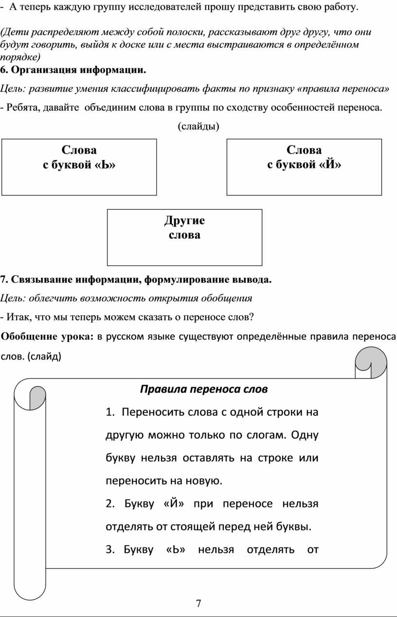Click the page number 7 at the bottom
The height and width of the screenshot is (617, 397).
tap(198, 604)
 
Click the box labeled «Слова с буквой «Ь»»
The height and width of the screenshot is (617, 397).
tap(79, 167)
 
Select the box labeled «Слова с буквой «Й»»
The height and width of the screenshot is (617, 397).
tap(304, 167)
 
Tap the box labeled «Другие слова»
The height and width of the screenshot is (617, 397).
tap(184, 237)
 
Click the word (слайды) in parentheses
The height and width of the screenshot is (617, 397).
tap(198, 127)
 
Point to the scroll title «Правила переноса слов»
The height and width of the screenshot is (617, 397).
tap(204, 389)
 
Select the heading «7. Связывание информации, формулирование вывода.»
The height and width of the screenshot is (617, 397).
tap(136, 279)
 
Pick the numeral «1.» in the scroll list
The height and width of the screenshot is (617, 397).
tap(110, 413)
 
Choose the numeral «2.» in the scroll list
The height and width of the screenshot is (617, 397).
tap(110, 504)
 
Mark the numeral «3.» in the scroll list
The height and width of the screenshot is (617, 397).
tap(110, 550)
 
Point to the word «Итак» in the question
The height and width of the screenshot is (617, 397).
tap(16, 317)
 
